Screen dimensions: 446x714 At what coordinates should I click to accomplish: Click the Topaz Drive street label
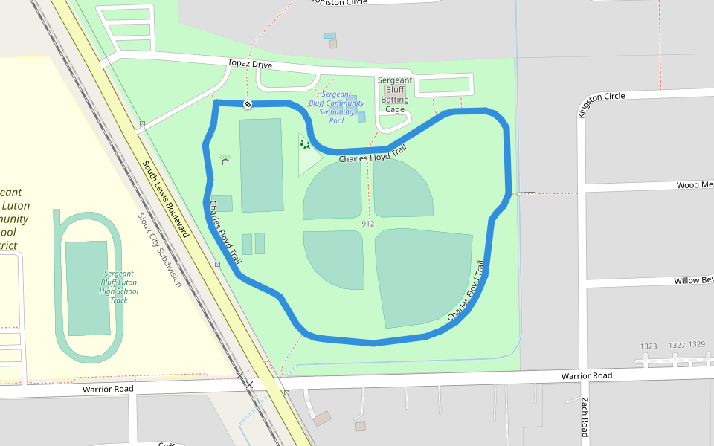(251, 65)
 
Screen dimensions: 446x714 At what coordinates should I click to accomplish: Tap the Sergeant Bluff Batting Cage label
(395, 94)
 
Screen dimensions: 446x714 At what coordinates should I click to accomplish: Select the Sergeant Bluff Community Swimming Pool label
(336, 107)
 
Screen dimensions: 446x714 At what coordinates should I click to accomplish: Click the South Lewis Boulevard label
(165, 198)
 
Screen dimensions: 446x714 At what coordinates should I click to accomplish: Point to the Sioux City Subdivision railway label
(159, 250)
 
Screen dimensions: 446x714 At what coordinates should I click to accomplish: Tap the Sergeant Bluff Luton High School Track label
(119, 286)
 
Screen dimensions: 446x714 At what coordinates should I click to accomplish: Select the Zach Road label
(585, 416)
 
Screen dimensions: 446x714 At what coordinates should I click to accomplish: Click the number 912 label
(367, 224)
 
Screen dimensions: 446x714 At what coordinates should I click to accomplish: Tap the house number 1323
(649, 346)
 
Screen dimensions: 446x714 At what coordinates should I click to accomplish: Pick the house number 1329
(697, 344)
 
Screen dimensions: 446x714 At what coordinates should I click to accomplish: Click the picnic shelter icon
(225, 159)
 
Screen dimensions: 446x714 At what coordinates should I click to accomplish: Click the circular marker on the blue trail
(248, 103)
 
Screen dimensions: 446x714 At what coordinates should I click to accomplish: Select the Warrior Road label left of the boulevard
(108, 389)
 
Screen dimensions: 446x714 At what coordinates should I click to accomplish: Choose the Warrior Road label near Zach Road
(587, 376)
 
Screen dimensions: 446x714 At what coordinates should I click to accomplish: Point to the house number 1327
(676, 346)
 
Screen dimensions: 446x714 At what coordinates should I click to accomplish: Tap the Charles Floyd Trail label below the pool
(373, 155)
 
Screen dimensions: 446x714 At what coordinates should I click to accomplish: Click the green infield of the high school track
(87, 288)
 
